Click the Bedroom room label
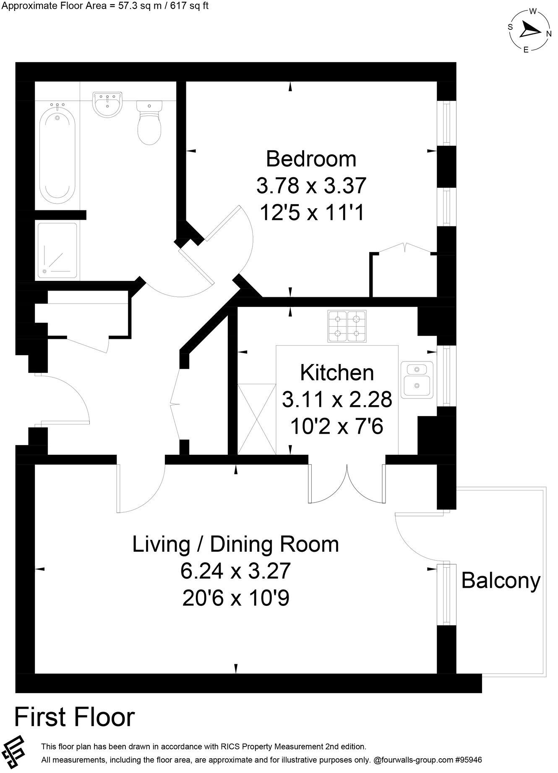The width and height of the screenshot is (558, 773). click(x=311, y=159)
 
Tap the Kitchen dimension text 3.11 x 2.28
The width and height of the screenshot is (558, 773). click(x=337, y=399)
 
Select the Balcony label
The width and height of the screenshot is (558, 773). click(x=501, y=581)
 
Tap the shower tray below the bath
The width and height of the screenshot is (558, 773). click(x=57, y=251)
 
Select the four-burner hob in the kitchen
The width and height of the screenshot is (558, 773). click(x=347, y=326)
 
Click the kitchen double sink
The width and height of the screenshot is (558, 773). click(x=417, y=380)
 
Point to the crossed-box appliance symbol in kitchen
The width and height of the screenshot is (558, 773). click(x=257, y=419)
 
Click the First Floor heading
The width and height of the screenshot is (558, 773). click(x=75, y=717)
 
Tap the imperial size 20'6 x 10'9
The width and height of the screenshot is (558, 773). click(x=236, y=598)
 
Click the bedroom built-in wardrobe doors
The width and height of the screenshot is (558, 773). click(x=404, y=248)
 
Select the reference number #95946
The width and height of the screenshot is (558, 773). click(x=468, y=760)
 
